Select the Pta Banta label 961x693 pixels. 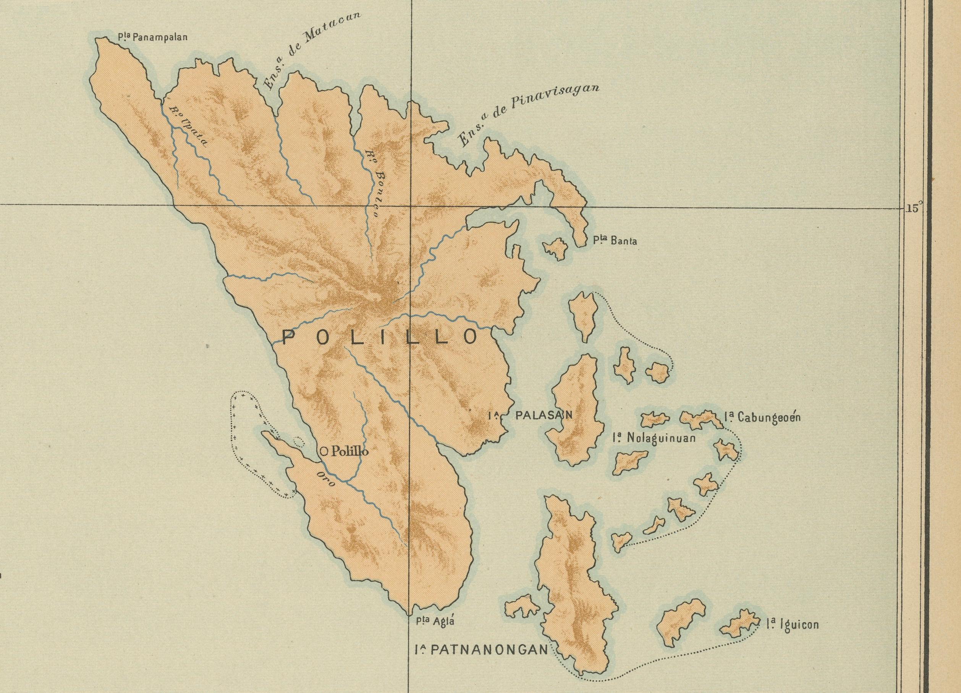pyautogui.click(x=615, y=241)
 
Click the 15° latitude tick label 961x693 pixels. pyautogui.click(x=911, y=208)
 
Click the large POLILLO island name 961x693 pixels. pyautogui.click(x=380, y=337)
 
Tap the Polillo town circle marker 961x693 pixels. pyautogui.click(x=324, y=452)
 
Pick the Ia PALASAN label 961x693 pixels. pyautogui.click(x=530, y=415)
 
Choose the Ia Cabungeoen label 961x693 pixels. pyautogui.click(x=762, y=418)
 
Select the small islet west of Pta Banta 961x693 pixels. pyautogui.click(x=555, y=249)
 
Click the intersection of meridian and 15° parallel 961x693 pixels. pyautogui.click(x=410, y=206)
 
